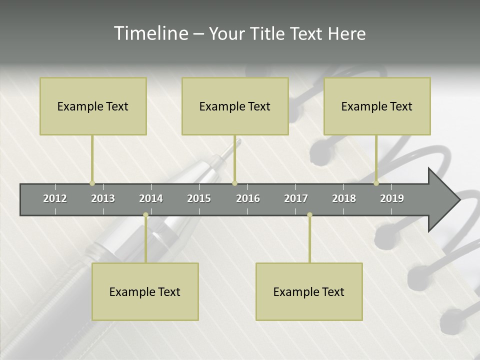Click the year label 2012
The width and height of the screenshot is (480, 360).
pos(55,198)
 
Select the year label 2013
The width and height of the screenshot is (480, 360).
pos(103,198)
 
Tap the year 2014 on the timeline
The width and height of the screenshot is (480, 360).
pos(151,198)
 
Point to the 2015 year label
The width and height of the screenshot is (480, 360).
pos(199,198)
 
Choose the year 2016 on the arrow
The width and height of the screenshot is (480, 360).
pos(248,198)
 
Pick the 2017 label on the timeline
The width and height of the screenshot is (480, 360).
pos(296,198)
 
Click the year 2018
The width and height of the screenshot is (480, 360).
pos(344,198)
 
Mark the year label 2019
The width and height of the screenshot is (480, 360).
pos(392,198)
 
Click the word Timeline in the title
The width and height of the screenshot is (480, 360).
pos(150,33)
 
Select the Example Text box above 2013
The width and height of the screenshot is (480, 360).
pos(93,106)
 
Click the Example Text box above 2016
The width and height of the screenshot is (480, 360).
pos(235,106)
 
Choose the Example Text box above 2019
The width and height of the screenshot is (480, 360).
pos(377,106)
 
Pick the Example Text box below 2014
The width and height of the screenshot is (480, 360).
pos(145,291)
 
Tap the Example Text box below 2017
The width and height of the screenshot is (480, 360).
pos(309,291)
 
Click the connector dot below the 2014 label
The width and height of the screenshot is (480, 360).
pos(145,215)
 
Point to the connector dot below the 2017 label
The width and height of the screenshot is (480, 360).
pos(309,215)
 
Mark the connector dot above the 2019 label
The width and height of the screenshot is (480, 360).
pos(376,183)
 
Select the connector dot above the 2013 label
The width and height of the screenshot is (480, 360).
pos(92,183)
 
